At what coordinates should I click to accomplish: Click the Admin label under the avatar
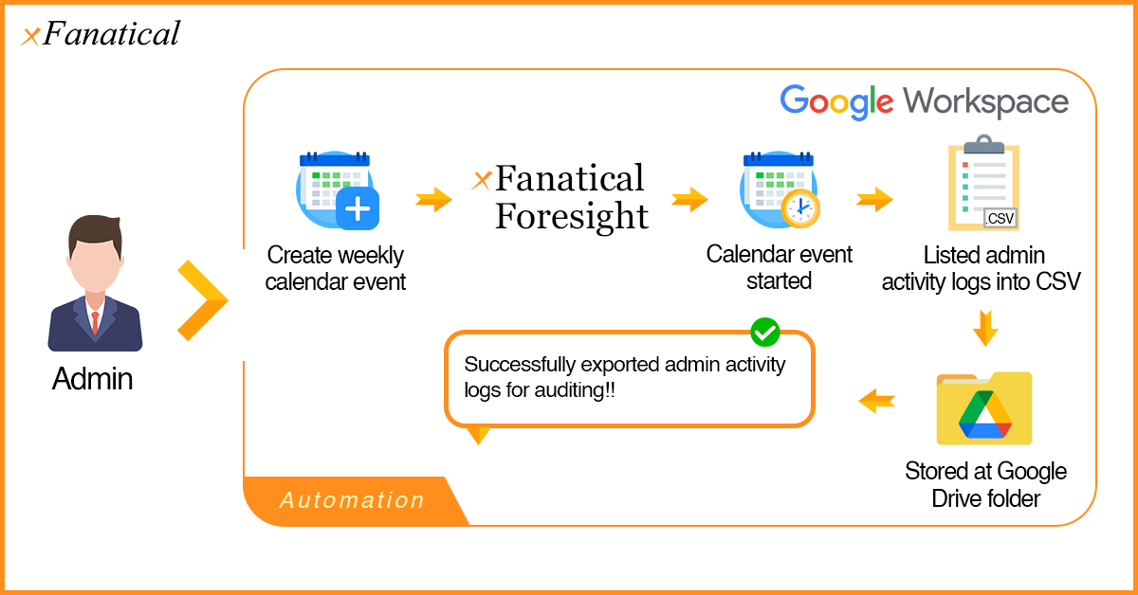coord(93,379)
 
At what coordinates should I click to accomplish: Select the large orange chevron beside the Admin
coord(202,300)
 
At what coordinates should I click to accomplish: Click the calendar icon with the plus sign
coord(337,190)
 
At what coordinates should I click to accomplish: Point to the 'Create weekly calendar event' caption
coord(336,268)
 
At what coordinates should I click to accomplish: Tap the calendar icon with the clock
coord(780,189)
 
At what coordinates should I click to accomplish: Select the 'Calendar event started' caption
coord(780,267)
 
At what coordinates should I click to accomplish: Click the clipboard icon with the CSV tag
coord(983,184)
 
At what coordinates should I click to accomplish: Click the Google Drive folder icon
coord(983,408)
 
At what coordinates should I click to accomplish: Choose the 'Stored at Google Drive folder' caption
coord(985,484)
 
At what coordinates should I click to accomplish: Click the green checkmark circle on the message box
coord(764,332)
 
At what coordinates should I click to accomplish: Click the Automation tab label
coord(352,500)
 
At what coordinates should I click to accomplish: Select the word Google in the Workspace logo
coord(836,101)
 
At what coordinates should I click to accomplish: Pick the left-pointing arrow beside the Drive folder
coord(877,402)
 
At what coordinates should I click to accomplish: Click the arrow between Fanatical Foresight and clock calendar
coord(690,200)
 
